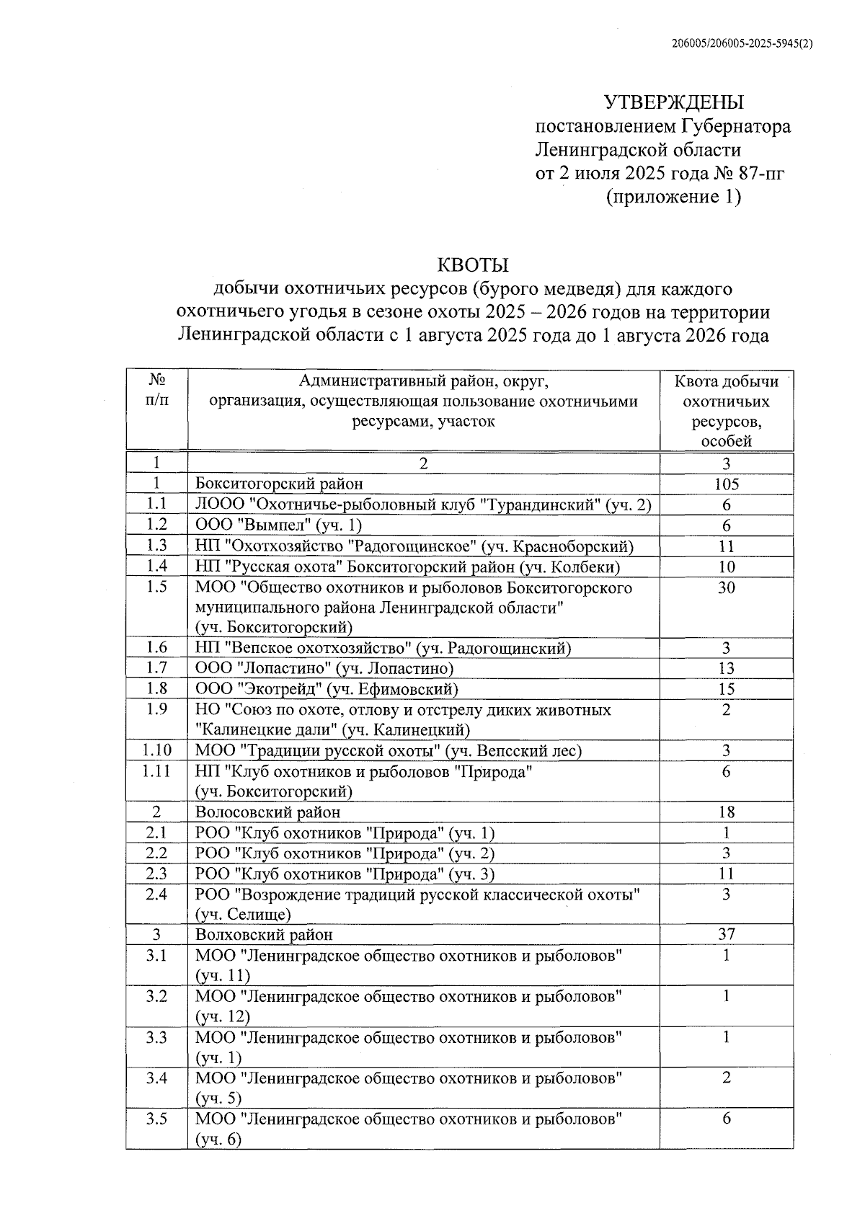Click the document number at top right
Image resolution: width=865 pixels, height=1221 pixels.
(x=742, y=43)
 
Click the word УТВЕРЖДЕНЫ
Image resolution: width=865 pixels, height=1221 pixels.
(x=673, y=102)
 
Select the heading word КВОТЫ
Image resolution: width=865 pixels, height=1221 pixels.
(x=474, y=265)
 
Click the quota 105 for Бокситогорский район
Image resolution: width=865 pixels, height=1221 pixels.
(x=726, y=484)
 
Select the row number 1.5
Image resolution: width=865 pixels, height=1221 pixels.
(x=156, y=587)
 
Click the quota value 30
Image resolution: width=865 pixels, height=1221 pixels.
(x=726, y=587)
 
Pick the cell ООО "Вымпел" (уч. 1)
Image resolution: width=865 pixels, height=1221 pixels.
(x=278, y=525)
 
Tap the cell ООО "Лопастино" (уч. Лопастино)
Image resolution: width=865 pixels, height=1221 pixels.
(x=324, y=668)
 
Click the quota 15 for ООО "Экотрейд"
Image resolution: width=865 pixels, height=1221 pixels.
(x=726, y=689)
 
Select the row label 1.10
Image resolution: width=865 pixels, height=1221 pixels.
(x=156, y=750)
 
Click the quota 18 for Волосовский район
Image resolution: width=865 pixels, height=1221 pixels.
(x=726, y=812)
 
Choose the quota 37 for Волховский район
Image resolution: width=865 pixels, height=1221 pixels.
(x=726, y=935)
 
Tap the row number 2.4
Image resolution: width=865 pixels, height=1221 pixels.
(x=156, y=894)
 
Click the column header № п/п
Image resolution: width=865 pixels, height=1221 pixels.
(x=156, y=390)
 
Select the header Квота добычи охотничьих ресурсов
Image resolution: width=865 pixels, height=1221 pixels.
(x=726, y=411)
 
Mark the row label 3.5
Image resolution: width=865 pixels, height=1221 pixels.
(x=156, y=1119)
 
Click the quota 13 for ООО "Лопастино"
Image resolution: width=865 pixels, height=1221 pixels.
(x=726, y=668)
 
